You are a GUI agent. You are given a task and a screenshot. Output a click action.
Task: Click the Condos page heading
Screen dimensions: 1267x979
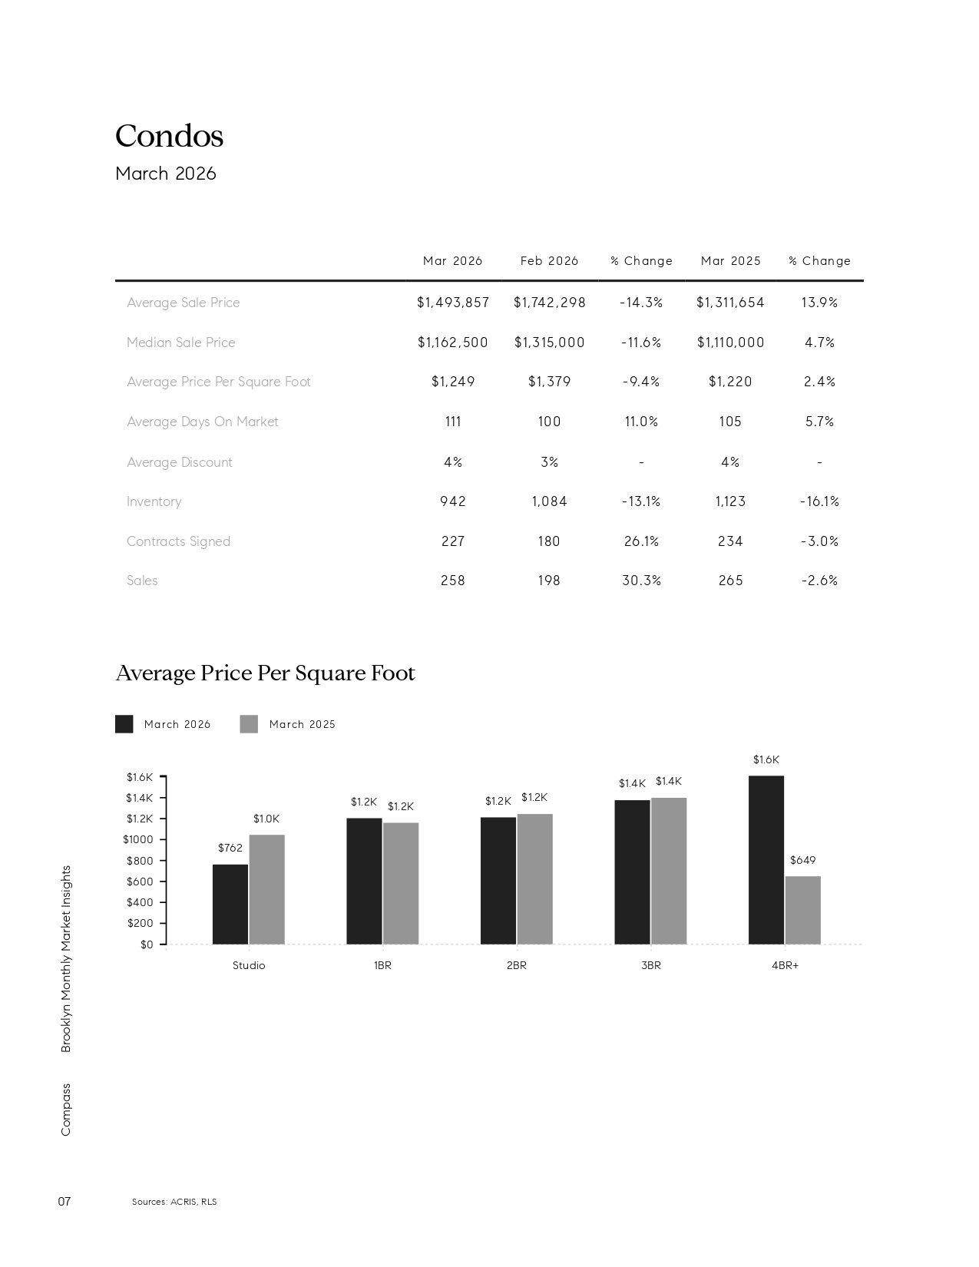tap(169, 137)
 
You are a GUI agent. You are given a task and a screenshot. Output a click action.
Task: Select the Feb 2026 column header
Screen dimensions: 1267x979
tap(549, 261)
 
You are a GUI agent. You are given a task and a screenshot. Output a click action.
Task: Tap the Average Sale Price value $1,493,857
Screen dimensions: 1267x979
tap(453, 303)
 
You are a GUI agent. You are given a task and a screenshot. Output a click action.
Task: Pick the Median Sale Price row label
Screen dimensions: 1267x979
tap(181, 342)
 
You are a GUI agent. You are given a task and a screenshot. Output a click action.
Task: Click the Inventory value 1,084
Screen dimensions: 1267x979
tap(549, 501)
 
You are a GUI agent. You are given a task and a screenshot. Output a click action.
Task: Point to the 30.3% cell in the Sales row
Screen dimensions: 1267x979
tap(641, 581)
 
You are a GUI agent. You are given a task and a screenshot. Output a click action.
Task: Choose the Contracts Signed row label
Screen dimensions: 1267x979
tap(178, 541)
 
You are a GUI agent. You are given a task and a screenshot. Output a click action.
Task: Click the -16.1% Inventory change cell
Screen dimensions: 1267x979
tap(819, 501)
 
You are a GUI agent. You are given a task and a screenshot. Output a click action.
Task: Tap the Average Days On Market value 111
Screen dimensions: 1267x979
tap(453, 422)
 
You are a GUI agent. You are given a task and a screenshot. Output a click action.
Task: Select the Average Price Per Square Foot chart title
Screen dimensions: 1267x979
tap(265, 673)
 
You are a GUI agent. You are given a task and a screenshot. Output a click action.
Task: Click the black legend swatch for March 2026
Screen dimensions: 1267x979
tap(124, 724)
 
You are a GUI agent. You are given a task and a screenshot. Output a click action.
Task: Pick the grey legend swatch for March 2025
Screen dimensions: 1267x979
tap(249, 724)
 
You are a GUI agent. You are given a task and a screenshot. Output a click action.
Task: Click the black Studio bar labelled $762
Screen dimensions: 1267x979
tap(230, 904)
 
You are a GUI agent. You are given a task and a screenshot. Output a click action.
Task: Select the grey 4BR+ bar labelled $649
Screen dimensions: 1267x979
tap(802, 910)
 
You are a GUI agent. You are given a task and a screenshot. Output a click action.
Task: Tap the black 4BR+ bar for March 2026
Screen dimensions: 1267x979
tap(766, 860)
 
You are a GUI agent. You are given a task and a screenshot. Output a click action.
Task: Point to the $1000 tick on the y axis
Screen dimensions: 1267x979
tap(138, 839)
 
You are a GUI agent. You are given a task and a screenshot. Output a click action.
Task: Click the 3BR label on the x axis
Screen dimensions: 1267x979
tap(650, 965)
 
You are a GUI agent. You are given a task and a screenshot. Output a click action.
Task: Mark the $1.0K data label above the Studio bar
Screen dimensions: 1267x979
tap(266, 819)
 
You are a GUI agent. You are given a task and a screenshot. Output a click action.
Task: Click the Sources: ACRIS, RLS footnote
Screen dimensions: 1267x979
tap(174, 1202)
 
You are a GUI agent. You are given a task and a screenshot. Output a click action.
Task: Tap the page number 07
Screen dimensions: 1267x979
tap(64, 1201)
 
